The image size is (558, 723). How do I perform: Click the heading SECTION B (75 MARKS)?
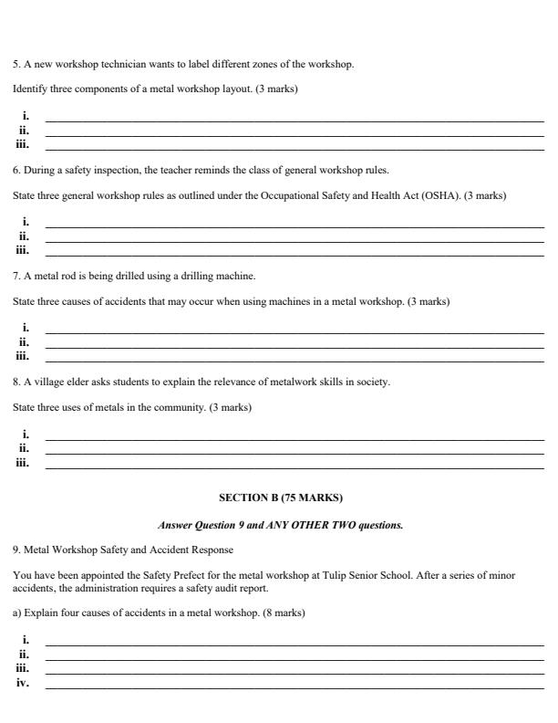[x=280, y=498]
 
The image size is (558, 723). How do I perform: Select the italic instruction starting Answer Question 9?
[x=280, y=525]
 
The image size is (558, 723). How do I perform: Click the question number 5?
[x=15, y=64]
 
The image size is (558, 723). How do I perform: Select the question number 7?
[x=15, y=276]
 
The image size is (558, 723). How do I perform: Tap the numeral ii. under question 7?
[x=24, y=342]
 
